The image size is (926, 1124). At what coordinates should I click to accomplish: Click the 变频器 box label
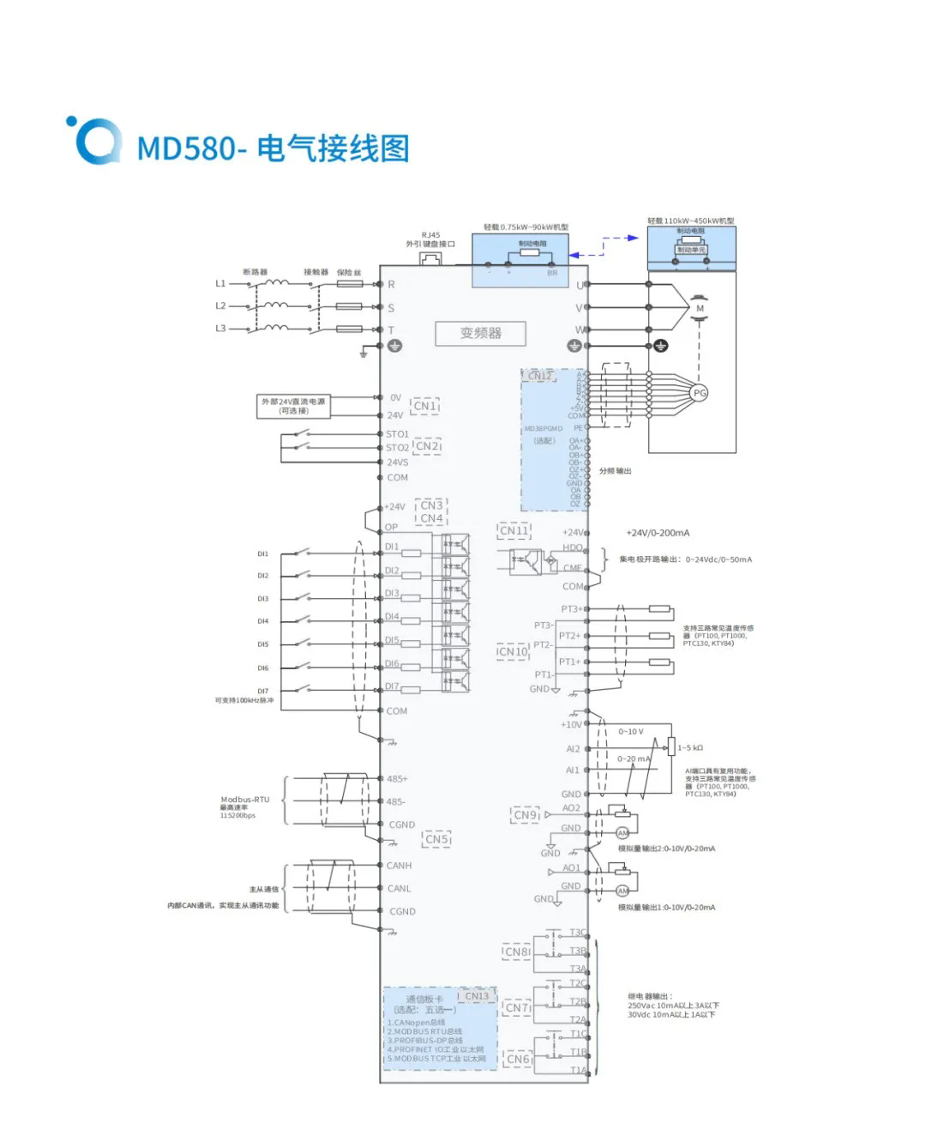(x=480, y=333)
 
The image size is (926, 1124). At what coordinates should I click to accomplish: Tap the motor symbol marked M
(x=700, y=308)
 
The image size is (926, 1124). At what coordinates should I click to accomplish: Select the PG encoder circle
(x=700, y=393)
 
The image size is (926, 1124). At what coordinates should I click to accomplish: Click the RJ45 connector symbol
(x=430, y=257)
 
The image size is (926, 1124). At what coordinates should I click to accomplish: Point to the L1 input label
(x=220, y=283)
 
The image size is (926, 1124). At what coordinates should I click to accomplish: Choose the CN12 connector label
(x=539, y=376)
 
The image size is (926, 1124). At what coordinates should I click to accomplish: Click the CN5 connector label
(x=437, y=839)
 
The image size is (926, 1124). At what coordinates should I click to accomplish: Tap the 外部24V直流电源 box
(x=294, y=406)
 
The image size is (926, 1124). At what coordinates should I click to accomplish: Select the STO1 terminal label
(x=397, y=434)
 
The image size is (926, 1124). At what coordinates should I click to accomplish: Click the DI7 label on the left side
(x=263, y=691)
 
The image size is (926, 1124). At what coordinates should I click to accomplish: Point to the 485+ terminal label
(x=397, y=779)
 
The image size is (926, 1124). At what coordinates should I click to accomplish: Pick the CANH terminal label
(x=400, y=866)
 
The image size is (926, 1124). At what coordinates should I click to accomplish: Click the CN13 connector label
(x=477, y=996)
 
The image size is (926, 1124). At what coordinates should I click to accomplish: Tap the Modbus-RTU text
(x=245, y=800)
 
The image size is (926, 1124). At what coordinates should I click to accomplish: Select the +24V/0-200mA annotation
(x=658, y=533)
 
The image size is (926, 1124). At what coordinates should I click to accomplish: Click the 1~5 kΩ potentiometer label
(x=690, y=748)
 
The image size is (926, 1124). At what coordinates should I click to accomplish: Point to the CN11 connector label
(x=514, y=531)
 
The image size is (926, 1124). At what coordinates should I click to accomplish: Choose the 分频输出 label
(x=615, y=471)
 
